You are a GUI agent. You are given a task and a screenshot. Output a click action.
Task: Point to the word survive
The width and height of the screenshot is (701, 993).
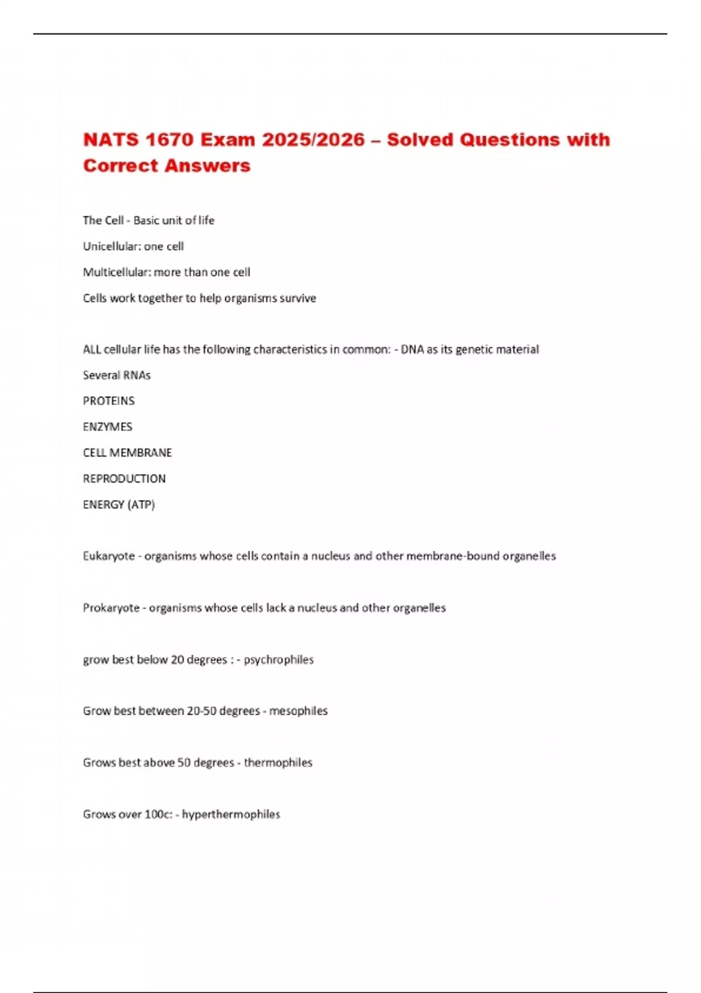[x=298, y=298]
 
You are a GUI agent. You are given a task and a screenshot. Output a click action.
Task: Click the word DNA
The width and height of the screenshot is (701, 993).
[x=412, y=349]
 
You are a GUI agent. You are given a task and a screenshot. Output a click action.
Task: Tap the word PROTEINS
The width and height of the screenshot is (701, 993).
[x=109, y=401]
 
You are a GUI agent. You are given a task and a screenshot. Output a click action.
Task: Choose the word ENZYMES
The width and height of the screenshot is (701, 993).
[x=107, y=427]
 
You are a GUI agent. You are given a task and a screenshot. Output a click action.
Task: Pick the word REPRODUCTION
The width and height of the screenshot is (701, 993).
[x=124, y=478]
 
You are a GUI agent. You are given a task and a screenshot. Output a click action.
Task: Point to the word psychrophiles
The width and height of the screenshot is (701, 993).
[x=279, y=659]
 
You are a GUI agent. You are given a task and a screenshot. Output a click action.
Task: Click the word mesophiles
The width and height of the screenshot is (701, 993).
[x=299, y=711]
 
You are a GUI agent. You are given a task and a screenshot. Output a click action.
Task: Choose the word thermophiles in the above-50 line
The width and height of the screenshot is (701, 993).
[x=278, y=762]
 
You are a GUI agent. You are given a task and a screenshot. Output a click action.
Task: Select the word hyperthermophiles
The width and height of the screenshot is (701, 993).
[x=231, y=814]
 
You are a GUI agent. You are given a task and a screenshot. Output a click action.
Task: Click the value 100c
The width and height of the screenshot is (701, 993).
[x=158, y=814]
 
